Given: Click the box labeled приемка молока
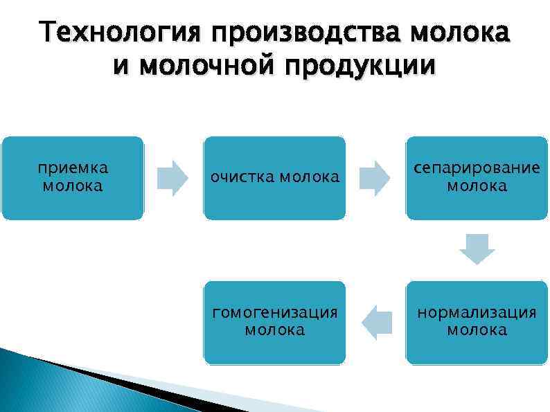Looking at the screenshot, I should point(72,178).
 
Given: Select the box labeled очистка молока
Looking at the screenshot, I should point(274,178).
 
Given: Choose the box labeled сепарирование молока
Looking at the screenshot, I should point(477,178).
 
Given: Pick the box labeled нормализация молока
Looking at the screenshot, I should point(477,323).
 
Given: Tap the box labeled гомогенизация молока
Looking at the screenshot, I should point(274,323).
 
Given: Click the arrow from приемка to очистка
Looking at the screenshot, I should point(172,178).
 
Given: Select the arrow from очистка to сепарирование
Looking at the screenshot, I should point(375,178).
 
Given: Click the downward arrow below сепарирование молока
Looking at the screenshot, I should point(477,249).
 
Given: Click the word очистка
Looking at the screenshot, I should point(242,178).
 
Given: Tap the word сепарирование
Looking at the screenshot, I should point(477,170).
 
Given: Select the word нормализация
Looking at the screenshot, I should point(477,314).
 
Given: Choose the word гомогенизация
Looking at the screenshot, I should point(274,314).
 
